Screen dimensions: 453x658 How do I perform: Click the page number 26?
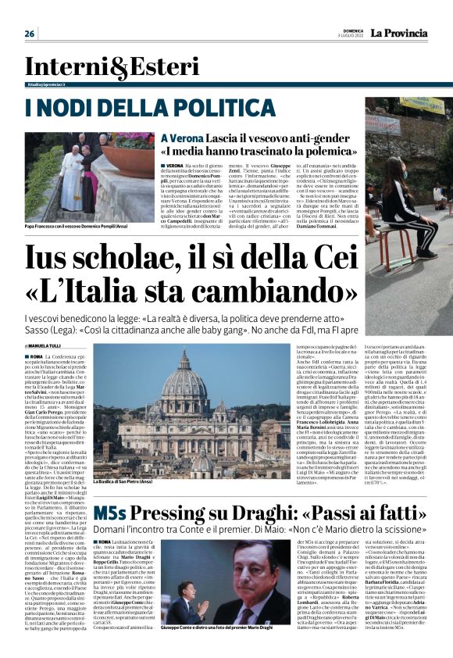point(30,34)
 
